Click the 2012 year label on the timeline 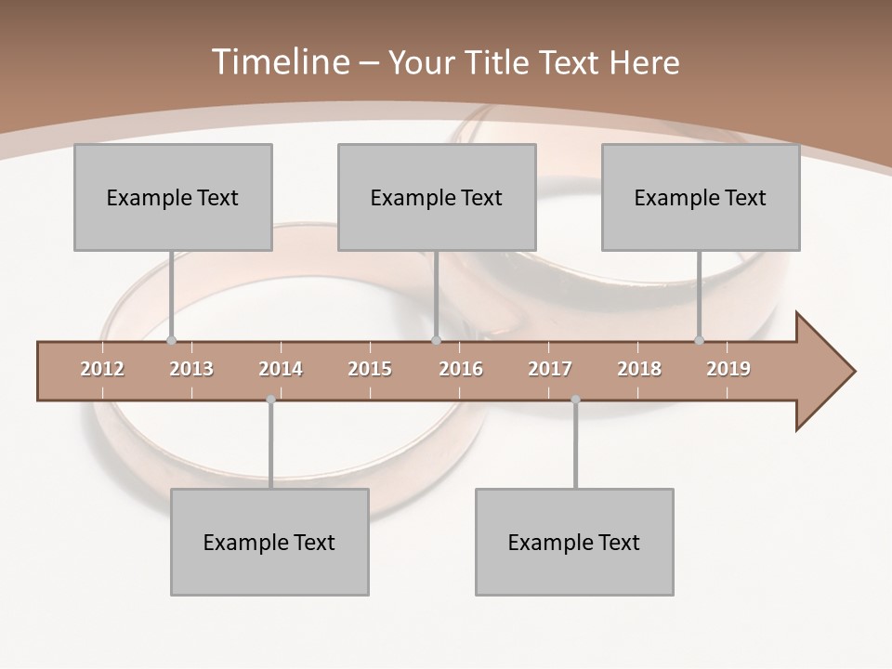(x=102, y=369)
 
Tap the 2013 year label (x=191, y=369)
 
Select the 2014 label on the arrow (x=281, y=369)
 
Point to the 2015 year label (x=370, y=369)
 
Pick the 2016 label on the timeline (x=461, y=369)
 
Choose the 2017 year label (x=550, y=369)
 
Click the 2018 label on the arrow (x=639, y=369)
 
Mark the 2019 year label (x=728, y=369)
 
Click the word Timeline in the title (x=278, y=62)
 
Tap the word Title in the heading (x=498, y=62)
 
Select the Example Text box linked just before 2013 (x=173, y=197)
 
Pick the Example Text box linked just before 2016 (x=437, y=197)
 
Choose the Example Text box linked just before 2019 (x=701, y=197)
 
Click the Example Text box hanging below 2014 (x=269, y=542)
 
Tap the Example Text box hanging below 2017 (x=574, y=542)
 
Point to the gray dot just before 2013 (x=171, y=340)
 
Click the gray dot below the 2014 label (x=270, y=400)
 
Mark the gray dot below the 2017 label (x=575, y=400)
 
